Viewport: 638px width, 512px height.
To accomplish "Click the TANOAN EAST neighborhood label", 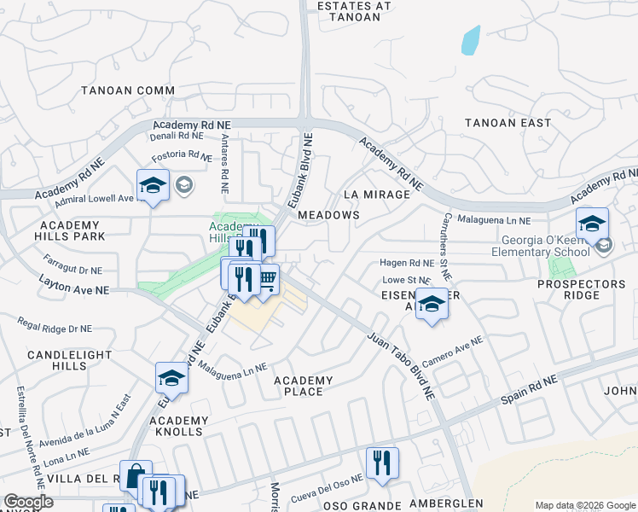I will (x=507, y=123).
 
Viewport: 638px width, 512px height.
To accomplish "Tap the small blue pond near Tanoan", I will (x=470, y=40).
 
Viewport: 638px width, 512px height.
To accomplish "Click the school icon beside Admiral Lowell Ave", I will (x=153, y=185).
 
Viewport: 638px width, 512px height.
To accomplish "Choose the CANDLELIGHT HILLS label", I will (x=57, y=359).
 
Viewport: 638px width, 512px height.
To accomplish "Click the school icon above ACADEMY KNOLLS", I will (x=171, y=378).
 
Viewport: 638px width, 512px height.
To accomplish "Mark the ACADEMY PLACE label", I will (x=303, y=386).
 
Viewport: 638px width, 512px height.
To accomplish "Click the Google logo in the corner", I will (x=28, y=502).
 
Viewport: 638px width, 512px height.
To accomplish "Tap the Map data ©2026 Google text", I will (x=585, y=505).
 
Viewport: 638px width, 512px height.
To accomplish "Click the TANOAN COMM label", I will (x=128, y=90).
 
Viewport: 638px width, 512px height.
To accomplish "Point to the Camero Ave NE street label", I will (x=452, y=352).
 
